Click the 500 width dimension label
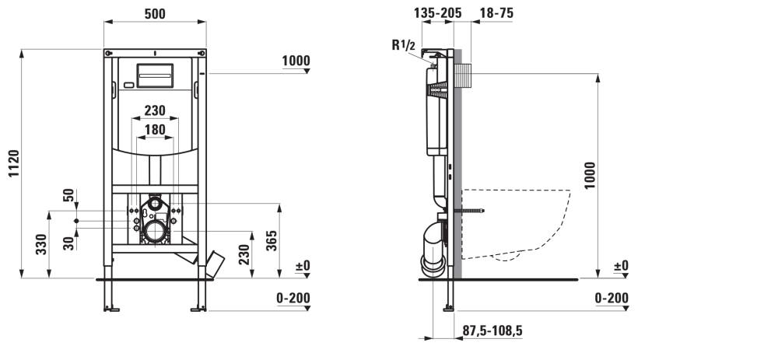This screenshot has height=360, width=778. tap(155, 14)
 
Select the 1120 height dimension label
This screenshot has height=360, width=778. tap(13, 163)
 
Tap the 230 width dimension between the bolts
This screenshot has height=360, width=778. tap(155, 110)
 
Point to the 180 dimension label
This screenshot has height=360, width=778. tap(155, 129)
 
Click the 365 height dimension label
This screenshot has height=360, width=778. tap(272, 240)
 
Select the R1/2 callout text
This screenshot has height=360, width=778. tap(403, 45)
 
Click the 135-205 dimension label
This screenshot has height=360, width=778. tap(437, 13)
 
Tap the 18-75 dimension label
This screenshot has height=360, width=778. tap(496, 13)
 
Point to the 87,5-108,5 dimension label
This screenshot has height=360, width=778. tap(492, 330)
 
